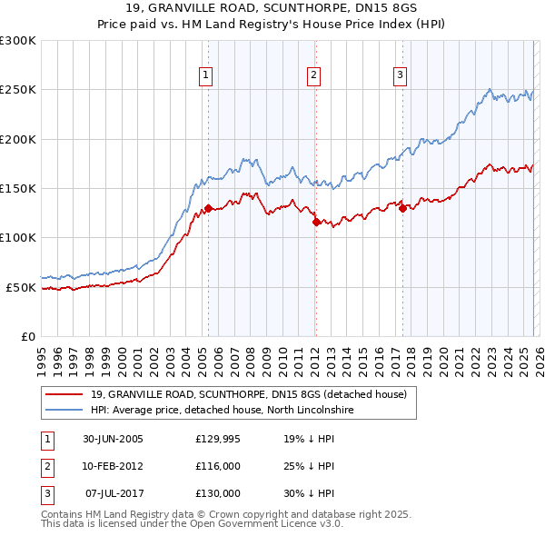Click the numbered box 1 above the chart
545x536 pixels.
tap(206, 75)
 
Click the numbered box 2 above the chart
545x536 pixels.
tap(313, 75)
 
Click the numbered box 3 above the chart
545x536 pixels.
tap(400, 75)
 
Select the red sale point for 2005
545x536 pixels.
tap(209, 208)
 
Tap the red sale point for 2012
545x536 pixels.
tap(316, 222)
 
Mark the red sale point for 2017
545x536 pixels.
tap(402, 208)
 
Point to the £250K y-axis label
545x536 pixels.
tap(18, 90)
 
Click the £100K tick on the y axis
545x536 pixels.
tap(18, 238)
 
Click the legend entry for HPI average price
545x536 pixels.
tap(221, 411)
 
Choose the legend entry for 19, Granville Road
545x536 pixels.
tap(253, 394)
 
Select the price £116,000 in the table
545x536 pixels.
tap(218, 466)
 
